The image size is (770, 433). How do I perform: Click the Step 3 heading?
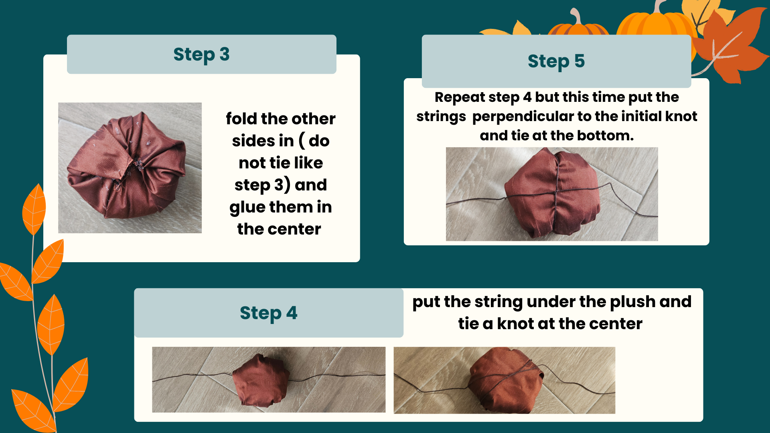coord(201,55)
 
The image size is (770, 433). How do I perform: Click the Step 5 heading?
coord(556,61)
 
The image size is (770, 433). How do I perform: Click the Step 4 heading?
coord(269,313)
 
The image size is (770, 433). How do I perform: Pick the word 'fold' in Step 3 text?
coord(241,119)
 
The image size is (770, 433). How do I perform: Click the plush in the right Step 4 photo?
coord(506,380)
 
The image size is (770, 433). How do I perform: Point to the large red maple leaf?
coord(728,44)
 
